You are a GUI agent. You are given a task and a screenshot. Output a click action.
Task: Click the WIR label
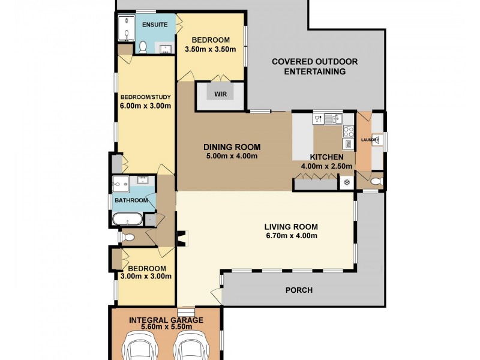[x=220, y=94]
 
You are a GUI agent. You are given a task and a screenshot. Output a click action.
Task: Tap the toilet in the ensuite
[x=143, y=47]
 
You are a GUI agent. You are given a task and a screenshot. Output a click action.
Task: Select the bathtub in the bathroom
[x=127, y=220]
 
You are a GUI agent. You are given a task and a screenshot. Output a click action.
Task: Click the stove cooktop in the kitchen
[x=349, y=132]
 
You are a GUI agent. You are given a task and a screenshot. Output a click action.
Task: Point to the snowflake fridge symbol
[x=347, y=182]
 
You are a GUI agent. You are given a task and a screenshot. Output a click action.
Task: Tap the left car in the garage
[x=140, y=346]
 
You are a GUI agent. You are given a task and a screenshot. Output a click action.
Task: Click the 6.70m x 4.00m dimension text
[x=291, y=236]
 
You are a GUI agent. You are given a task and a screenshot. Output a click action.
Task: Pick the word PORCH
[x=299, y=290]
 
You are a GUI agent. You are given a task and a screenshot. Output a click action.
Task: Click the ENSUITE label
[x=155, y=25]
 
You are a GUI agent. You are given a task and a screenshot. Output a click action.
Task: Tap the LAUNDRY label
[x=370, y=140]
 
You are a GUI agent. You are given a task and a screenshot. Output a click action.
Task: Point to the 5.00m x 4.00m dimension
[x=232, y=156]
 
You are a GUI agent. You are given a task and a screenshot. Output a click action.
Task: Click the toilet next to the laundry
[x=377, y=182]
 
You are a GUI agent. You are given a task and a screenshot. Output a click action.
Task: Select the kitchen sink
[x=333, y=119]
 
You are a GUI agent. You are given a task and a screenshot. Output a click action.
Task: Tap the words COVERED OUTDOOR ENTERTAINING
[x=314, y=67]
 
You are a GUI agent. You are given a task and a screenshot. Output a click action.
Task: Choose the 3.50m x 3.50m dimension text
[x=211, y=49]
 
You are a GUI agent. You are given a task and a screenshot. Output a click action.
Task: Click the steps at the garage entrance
[x=186, y=311]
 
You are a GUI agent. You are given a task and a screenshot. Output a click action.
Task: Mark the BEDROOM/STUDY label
[x=145, y=97]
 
